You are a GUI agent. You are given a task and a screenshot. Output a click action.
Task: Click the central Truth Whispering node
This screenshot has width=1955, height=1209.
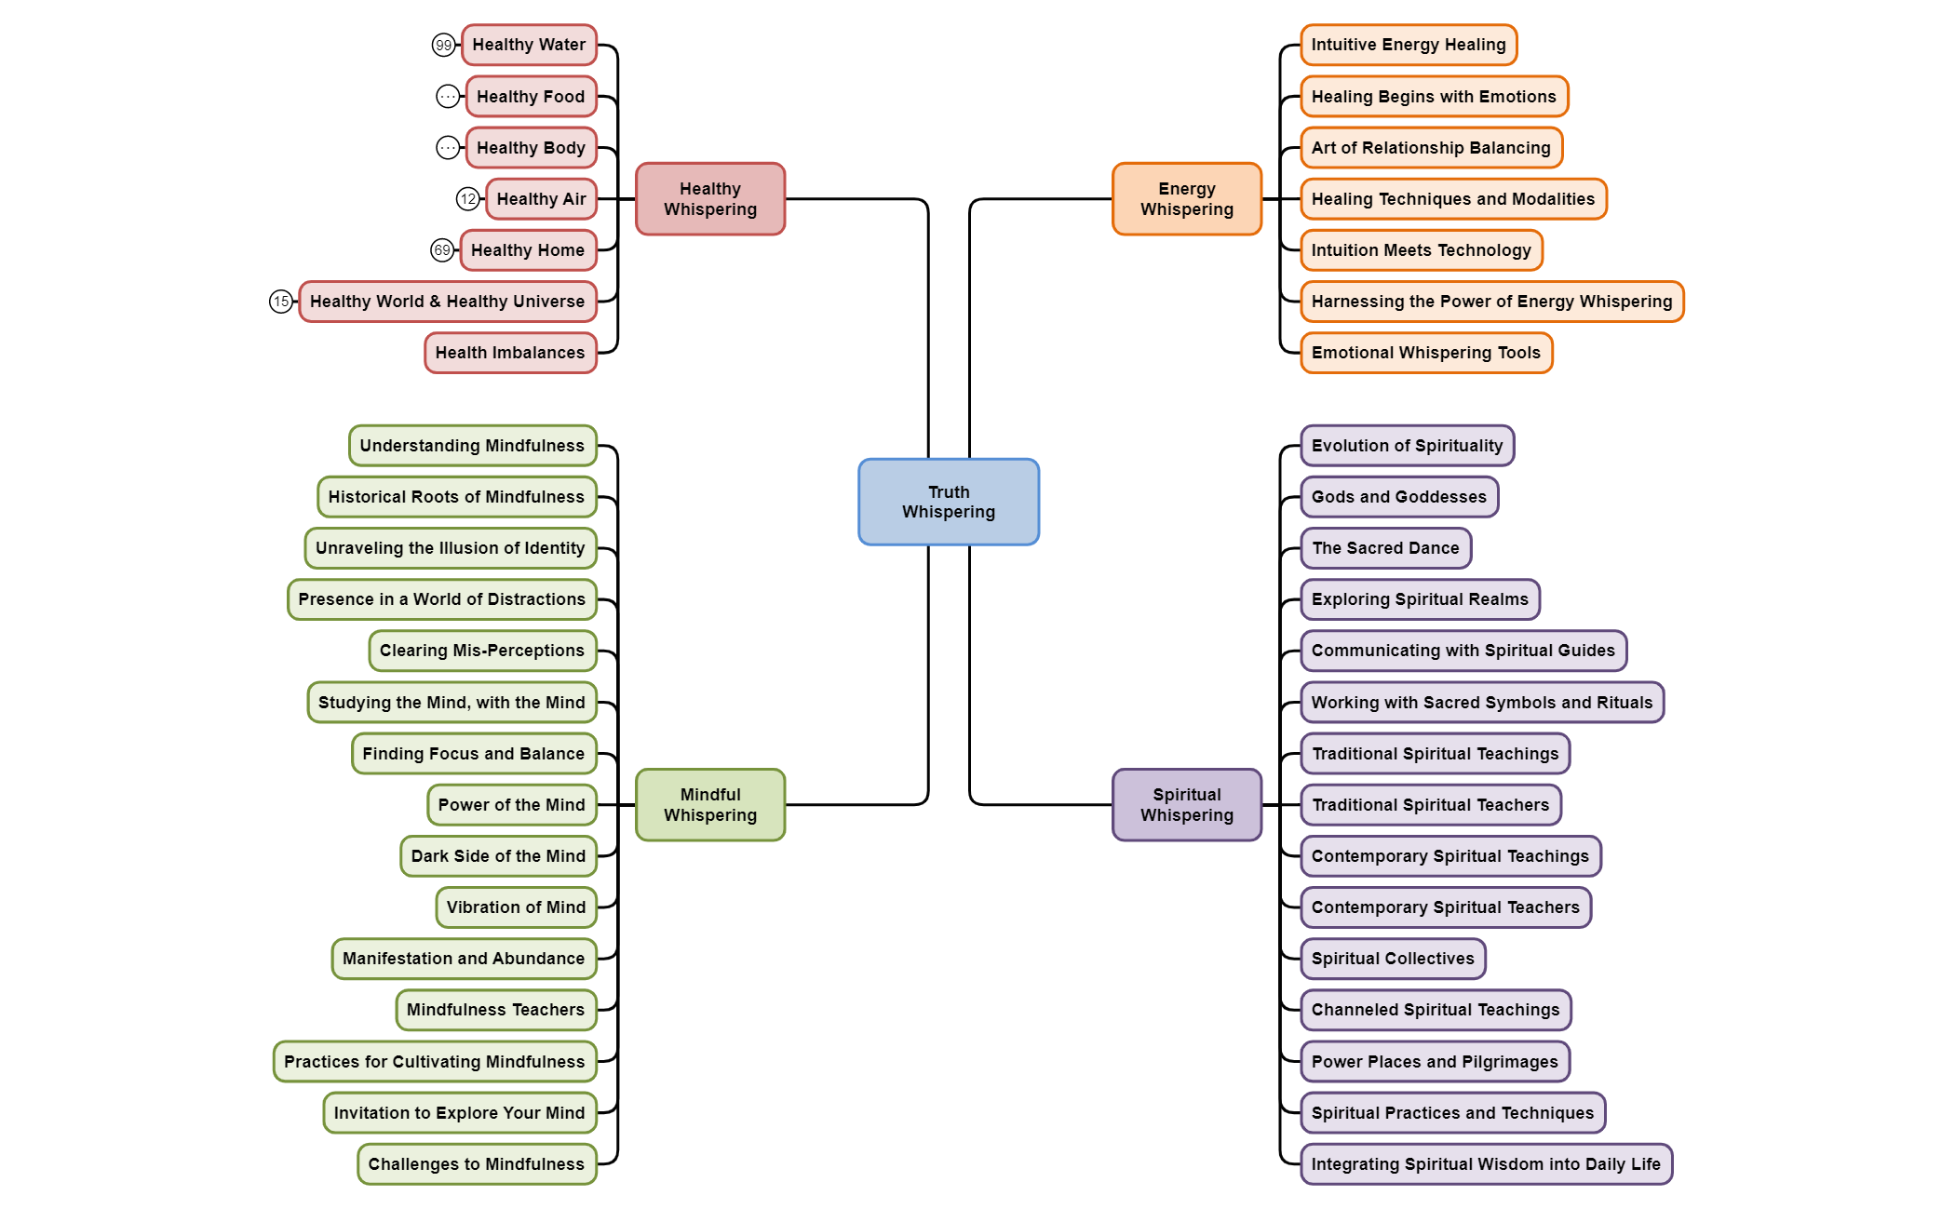tap(948, 502)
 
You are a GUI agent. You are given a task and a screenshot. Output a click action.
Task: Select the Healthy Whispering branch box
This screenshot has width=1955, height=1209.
tap(709, 199)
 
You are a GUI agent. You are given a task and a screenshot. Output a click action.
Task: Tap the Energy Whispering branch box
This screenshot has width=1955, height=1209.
tap(1186, 199)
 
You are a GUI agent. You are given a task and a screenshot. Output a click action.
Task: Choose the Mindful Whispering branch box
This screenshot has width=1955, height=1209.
tap(709, 804)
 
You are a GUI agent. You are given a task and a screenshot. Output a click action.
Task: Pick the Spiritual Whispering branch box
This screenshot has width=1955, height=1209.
tap(1186, 804)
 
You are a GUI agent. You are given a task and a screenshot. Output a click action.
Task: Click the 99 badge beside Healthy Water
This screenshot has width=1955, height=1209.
tap(443, 45)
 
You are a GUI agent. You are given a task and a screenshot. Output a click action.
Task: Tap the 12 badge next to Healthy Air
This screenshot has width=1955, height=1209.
tap(467, 199)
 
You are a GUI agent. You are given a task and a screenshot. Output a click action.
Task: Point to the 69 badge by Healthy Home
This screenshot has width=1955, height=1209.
tap(442, 250)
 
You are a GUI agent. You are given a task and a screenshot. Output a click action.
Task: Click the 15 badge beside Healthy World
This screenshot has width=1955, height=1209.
tap(280, 302)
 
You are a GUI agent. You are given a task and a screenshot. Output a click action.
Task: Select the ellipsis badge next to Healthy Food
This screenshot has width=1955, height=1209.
tap(448, 97)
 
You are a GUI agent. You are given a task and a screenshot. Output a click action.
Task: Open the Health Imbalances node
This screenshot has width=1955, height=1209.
tap(510, 353)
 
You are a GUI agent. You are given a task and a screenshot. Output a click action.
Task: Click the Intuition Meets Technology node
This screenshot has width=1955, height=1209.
tap(1421, 250)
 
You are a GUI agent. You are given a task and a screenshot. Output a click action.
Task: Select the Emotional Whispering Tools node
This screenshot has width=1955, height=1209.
tap(1425, 353)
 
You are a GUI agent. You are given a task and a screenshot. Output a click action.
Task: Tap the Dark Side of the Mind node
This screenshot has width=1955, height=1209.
tap(498, 856)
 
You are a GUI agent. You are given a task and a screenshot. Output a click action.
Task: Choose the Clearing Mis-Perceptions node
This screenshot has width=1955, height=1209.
tap(482, 651)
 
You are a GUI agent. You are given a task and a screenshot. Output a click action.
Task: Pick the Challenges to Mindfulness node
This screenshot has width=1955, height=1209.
tap(477, 1164)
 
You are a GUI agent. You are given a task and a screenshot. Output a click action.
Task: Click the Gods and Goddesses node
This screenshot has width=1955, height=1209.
tap(1398, 497)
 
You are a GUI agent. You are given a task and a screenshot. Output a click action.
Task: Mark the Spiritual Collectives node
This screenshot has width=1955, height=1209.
tap(1392, 959)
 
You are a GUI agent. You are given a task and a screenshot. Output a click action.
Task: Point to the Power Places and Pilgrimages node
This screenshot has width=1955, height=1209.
tap(1434, 1062)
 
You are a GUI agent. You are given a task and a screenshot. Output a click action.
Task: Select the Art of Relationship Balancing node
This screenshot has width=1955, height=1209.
tap(1430, 148)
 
